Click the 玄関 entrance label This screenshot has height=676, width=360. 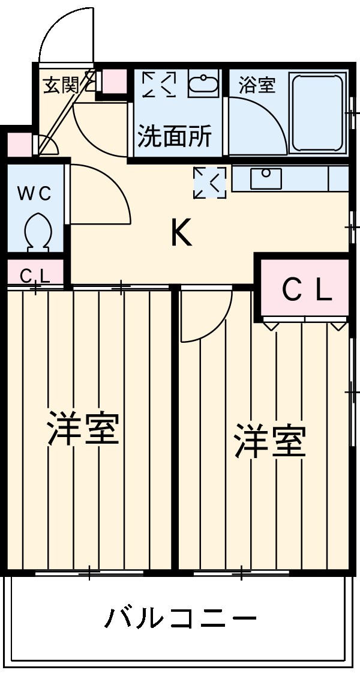pos(61,85)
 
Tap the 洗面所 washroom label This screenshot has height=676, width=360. pos(175,137)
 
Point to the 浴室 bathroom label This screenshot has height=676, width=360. pos(257,85)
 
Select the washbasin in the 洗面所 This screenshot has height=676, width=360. pos(204,85)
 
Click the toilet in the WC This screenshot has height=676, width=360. pos(38,231)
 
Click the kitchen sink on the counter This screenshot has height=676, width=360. pos(266,178)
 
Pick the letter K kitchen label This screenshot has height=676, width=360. pos(181,233)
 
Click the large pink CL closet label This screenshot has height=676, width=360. pos(307,291)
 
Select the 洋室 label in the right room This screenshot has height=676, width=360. pos(270,441)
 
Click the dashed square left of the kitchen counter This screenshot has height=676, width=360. pos(210,183)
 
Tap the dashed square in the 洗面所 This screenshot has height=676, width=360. pos(159,85)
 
